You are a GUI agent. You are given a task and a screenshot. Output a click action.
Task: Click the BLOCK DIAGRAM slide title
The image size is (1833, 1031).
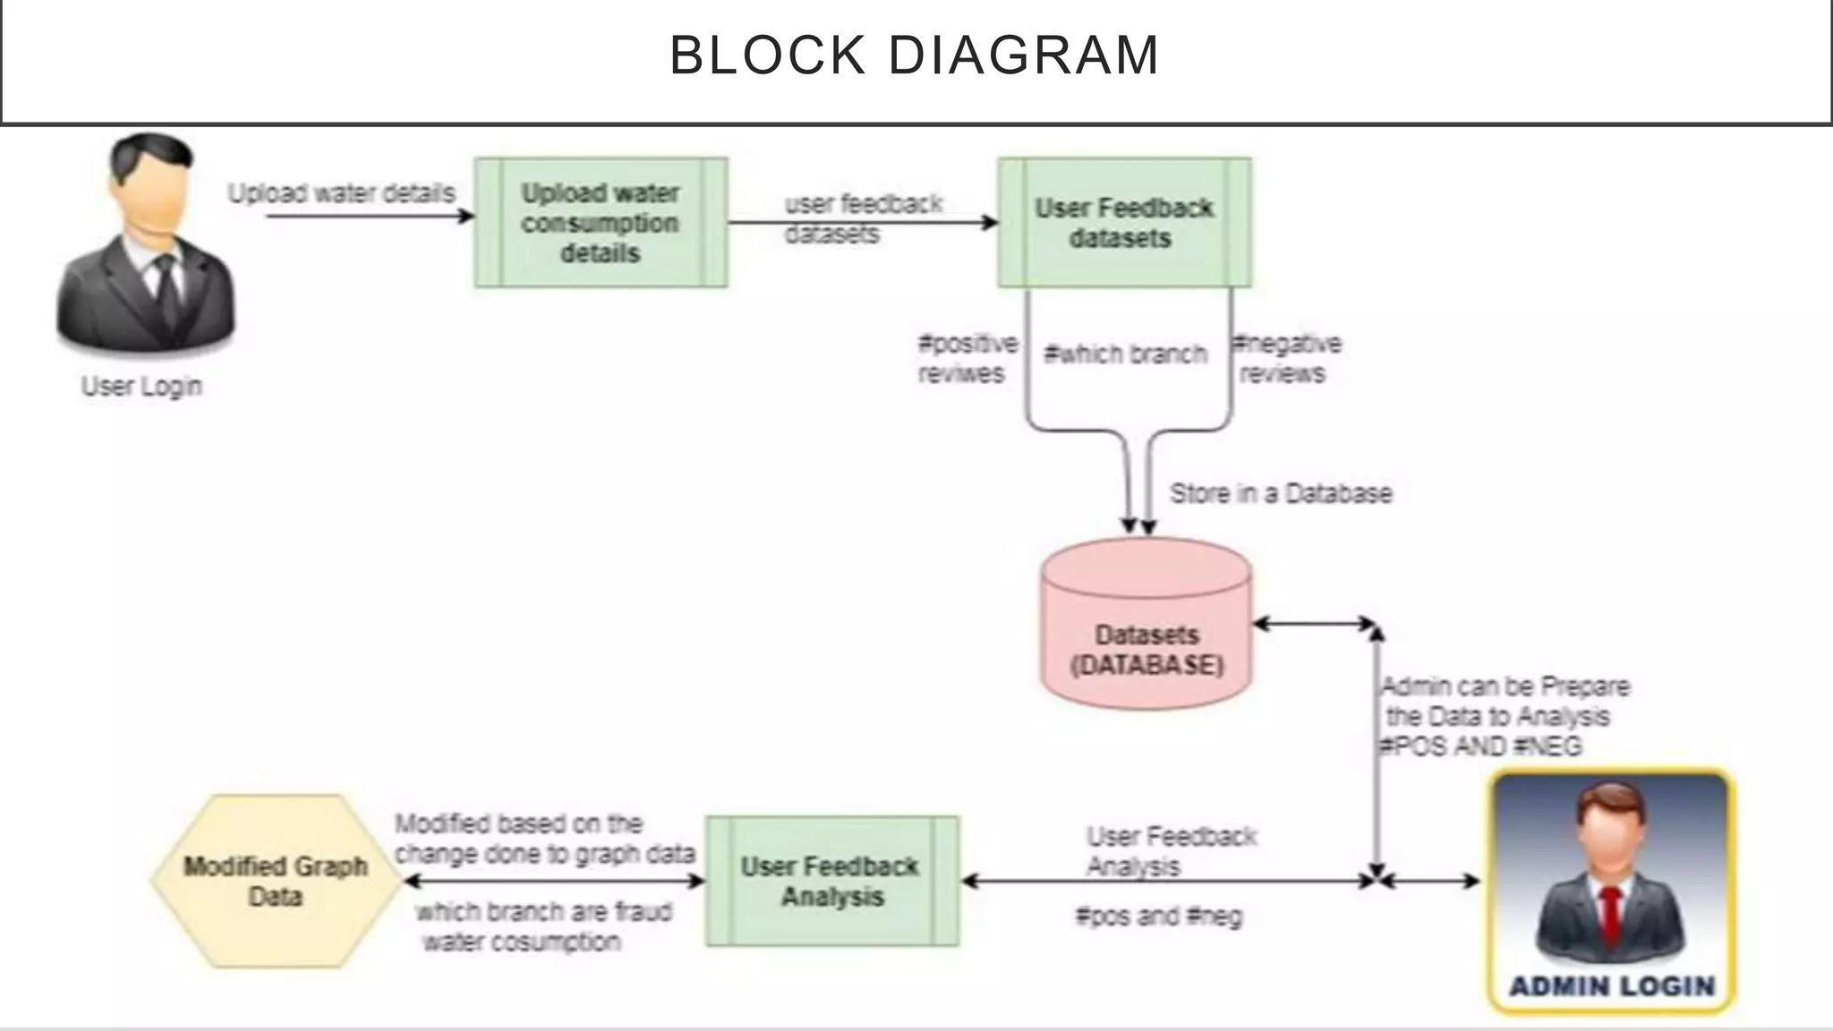(x=915, y=55)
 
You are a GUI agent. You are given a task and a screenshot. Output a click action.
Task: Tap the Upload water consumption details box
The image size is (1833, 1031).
(x=601, y=223)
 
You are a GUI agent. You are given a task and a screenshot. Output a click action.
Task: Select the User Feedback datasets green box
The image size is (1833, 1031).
(x=1124, y=223)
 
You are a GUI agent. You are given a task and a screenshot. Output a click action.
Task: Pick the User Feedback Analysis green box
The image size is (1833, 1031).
(x=831, y=882)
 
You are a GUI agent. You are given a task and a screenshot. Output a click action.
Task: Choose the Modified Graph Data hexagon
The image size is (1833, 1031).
(x=276, y=882)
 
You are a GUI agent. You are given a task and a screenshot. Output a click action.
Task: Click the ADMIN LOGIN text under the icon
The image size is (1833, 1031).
(x=1612, y=986)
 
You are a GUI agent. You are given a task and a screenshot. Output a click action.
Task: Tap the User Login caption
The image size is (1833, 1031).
(x=141, y=387)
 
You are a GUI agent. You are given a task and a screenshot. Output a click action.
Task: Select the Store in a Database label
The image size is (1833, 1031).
(x=1281, y=493)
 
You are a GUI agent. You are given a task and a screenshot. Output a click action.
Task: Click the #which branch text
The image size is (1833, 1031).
(x=1125, y=354)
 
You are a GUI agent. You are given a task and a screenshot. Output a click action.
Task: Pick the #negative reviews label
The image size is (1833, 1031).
(x=1286, y=358)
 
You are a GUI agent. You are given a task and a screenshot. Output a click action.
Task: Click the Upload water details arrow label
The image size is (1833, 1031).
(x=341, y=193)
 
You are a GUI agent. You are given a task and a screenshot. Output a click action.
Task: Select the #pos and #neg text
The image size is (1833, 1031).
(x=1158, y=916)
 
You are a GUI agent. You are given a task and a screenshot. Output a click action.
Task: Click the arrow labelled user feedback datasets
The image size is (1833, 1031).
(x=864, y=223)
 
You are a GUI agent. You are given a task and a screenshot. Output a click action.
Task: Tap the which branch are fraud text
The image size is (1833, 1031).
(x=543, y=912)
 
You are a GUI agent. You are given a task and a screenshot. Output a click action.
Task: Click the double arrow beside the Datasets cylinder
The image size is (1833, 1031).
(x=1314, y=624)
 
